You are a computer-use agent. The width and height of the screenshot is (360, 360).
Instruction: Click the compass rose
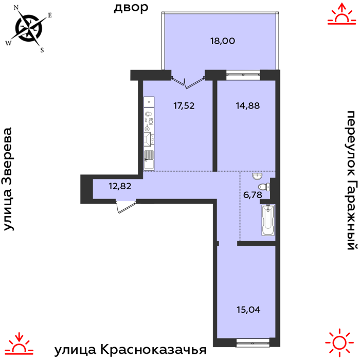pos(29,28)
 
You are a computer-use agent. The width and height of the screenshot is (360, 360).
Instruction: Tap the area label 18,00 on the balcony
pos(223,41)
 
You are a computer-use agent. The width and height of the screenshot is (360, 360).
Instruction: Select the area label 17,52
pos(184,106)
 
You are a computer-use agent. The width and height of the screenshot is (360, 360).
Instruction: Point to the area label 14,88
pos(248,105)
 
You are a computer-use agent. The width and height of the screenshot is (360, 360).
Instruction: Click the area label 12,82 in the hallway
pos(120,186)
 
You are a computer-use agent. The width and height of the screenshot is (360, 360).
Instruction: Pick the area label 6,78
pos(253,195)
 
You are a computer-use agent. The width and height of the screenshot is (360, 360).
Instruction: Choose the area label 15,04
pos(248,310)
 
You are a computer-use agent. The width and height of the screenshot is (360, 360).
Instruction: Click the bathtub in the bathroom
pos(268,220)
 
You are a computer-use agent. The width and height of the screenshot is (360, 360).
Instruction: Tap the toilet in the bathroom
pos(264,187)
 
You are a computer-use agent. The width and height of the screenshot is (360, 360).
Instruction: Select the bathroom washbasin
pos(257,176)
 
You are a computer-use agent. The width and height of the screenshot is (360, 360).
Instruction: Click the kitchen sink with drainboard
pos(149,160)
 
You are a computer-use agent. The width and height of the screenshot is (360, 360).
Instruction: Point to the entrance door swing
pos(126,206)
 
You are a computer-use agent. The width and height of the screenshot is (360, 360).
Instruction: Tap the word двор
pos(131,8)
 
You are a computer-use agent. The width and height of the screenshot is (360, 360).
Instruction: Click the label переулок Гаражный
pos(352,180)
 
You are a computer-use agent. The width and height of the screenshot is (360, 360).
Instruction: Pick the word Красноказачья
pos(153,350)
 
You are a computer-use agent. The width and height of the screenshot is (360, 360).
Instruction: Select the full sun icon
pos(339,343)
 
